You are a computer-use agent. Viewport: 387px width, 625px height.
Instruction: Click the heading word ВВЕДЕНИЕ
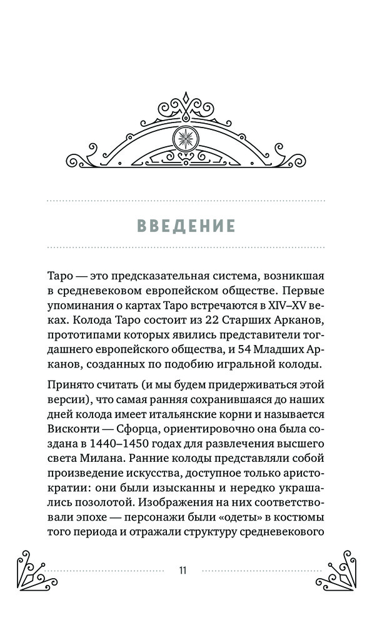pos(186,225)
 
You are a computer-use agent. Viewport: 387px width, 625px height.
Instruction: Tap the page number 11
pos(183,570)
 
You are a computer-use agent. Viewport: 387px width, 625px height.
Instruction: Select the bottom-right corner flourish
pos(340,569)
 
